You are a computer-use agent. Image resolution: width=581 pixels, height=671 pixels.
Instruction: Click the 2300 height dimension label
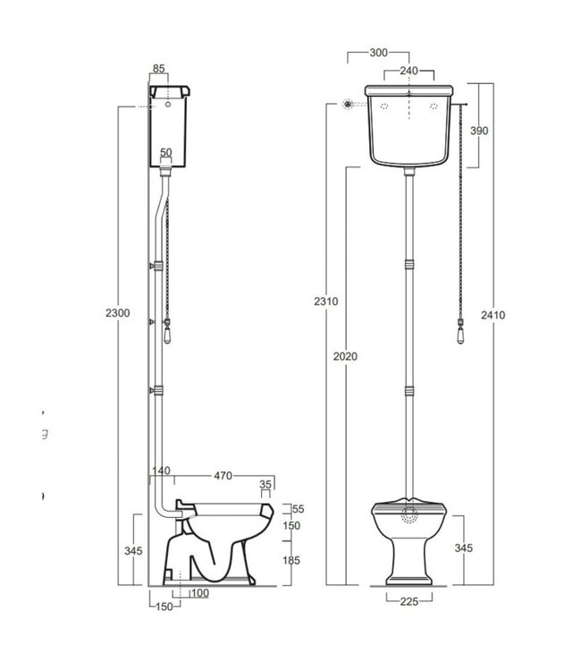pos(118,312)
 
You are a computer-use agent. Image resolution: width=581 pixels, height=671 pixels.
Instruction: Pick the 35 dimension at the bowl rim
pos(265,486)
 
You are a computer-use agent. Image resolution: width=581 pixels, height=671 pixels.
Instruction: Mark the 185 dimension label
pos(291,561)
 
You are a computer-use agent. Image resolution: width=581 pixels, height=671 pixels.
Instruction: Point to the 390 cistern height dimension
pos(479,131)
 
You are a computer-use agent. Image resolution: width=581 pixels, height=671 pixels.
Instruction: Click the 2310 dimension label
pos(327,302)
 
